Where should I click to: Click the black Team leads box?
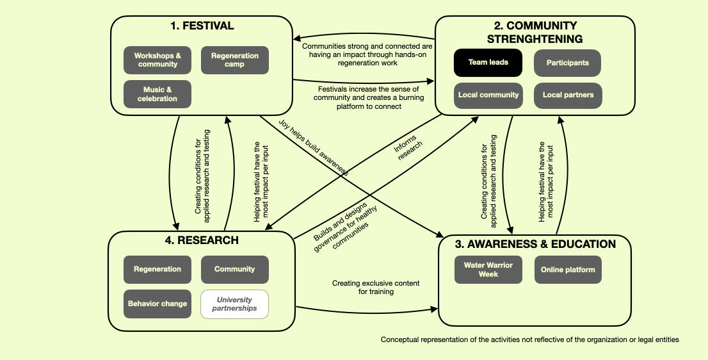[x=488, y=63]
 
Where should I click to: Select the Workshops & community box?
[x=157, y=60]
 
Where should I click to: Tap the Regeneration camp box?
[x=235, y=60]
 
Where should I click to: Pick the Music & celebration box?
[x=157, y=94]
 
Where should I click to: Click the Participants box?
[x=567, y=63]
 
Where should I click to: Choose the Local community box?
[x=488, y=95]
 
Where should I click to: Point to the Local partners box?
[x=568, y=95]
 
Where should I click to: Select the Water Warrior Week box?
[x=488, y=270]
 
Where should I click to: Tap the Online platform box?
[x=568, y=270]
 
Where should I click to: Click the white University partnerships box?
[x=234, y=304]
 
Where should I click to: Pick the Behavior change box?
[x=157, y=304]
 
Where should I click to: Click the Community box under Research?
[x=234, y=269]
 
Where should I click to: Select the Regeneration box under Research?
[x=157, y=269]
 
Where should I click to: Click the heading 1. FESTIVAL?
[x=202, y=26]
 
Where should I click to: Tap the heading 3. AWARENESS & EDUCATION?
[x=542, y=244]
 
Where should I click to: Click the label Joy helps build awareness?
[x=313, y=147]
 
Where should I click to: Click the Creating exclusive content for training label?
[x=376, y=287]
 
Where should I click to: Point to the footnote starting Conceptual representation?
[x=529, y=340]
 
